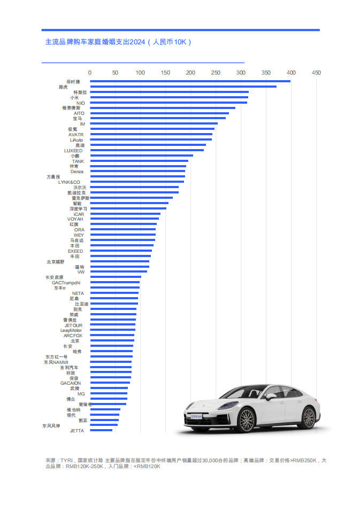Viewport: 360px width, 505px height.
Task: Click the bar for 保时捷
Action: pos(190,81)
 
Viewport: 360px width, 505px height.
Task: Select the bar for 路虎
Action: pos(183,87)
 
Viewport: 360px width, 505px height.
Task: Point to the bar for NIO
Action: pos(168,103)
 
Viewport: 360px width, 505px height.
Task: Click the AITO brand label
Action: pos(79,113)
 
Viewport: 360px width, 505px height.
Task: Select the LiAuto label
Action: pos(76,140)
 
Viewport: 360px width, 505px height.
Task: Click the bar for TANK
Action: pos(139,161)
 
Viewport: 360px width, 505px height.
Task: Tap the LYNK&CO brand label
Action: pos(69,182)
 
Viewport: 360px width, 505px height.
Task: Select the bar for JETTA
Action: pos(101,430)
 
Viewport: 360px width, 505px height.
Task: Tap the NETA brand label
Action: pos(78,293)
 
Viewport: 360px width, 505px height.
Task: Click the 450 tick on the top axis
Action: pos(316,72)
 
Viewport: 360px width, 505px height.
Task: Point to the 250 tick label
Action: pos(216,72)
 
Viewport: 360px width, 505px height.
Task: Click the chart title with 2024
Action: pos(118,42)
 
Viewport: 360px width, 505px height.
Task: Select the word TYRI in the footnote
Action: pos(66,460)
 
